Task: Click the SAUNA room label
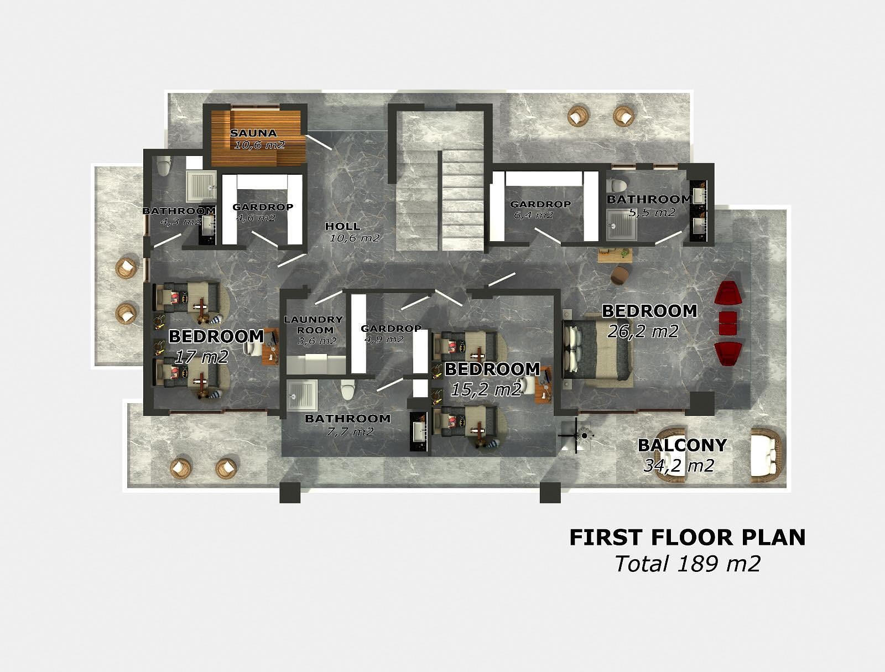pos(253,133)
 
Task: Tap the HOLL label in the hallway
pos(342,226)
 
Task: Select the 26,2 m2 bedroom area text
pos(643,331)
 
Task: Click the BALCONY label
pos(681,445)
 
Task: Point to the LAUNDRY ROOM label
pos(313,324)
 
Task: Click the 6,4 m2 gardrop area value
pos(533,215)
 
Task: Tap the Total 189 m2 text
pos(688,564)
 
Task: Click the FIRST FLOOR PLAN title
pos(687,537)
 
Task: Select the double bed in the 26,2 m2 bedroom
pos(597,350)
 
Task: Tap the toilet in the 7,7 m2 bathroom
pos(347,389)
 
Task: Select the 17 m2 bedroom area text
pos(201,357)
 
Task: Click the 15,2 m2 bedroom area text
pos(486,390)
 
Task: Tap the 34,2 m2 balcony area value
pos(679,466)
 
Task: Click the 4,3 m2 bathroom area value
pos(181,222)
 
